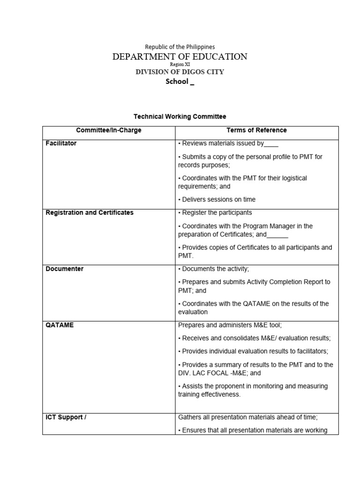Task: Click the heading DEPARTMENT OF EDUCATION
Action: click(180, 57)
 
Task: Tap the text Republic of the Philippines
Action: click(180, 47)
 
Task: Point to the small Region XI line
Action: click(180, 65)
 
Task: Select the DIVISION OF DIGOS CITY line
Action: click(180, 72)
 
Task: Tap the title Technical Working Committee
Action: click(180, 116)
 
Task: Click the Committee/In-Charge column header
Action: click(109, 130)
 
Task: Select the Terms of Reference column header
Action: click(256, 130)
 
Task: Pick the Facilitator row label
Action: click(61, 143)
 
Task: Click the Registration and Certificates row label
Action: click(90, 213)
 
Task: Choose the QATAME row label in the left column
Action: click(60, 325)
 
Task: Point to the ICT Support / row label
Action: click(66, 417)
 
